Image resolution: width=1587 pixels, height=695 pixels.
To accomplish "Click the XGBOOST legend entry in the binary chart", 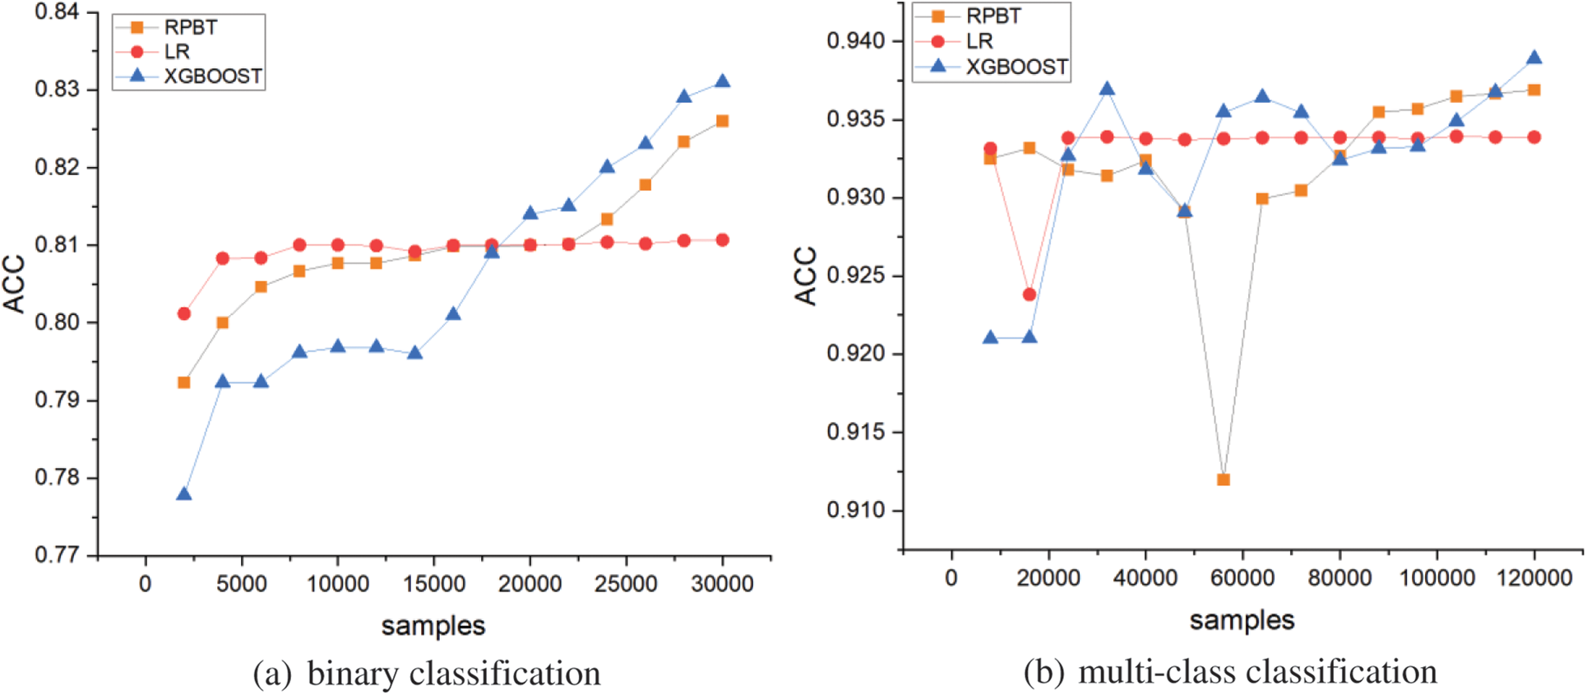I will coord(212,76).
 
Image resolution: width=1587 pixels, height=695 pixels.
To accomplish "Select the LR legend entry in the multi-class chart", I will coord(979,41).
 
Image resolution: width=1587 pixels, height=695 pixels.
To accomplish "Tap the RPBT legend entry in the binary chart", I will coord(190,27).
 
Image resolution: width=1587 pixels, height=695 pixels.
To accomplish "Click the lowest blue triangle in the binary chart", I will coord(184,494).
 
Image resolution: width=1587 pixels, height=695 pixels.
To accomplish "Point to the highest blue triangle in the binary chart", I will coord(723,81).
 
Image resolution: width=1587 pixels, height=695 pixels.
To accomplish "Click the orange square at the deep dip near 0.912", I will coord(1224,480).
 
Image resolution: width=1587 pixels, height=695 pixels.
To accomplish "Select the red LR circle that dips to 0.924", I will coord(1029,294).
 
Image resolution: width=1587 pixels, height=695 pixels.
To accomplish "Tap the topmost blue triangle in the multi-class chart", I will coord(1534,58).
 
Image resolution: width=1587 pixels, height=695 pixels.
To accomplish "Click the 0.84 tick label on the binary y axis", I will coord(57,12).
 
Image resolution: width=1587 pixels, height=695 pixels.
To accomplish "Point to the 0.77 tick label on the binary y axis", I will coord(57,555).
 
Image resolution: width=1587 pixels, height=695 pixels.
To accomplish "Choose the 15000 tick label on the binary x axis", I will coord(434,584).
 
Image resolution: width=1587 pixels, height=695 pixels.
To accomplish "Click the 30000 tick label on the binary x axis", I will coord(723,584).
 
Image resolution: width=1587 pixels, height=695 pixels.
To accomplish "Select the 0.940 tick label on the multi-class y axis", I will coord(856,41).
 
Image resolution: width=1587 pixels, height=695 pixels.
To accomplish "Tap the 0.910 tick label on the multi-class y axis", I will coord(856,510).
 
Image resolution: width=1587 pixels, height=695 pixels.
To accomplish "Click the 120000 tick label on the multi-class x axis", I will coord(1534,578).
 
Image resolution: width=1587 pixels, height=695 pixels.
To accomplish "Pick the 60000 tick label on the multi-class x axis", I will coord(1242,578).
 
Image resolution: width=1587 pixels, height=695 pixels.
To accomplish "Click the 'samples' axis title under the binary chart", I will coord(433,626).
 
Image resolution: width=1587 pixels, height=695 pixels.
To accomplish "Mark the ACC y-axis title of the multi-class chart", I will coord(806,276).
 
